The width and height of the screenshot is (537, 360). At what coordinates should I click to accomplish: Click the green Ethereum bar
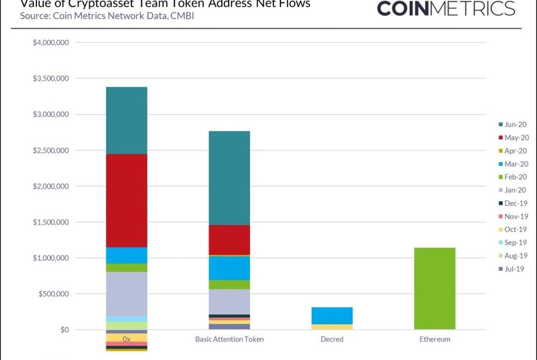(435, 288)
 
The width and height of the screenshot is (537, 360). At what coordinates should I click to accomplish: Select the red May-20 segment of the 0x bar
(127, 200)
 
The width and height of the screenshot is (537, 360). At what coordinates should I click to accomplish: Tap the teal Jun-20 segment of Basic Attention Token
(229, 178)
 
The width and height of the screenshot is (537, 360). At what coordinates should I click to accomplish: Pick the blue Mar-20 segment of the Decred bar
(332, 316)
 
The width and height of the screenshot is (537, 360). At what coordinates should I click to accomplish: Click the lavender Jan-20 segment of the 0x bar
(127, 294)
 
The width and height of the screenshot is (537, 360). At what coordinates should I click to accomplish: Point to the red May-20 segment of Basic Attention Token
(229, 240)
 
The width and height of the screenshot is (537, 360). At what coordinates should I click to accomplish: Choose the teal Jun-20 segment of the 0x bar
(127, 120)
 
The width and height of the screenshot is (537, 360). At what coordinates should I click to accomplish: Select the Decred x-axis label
(332, 339)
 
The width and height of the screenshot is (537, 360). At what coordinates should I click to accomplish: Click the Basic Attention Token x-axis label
(229, 339)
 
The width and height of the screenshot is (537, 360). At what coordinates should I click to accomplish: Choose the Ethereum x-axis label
(435, 339)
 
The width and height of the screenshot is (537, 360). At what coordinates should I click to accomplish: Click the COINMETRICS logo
(446, 8)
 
